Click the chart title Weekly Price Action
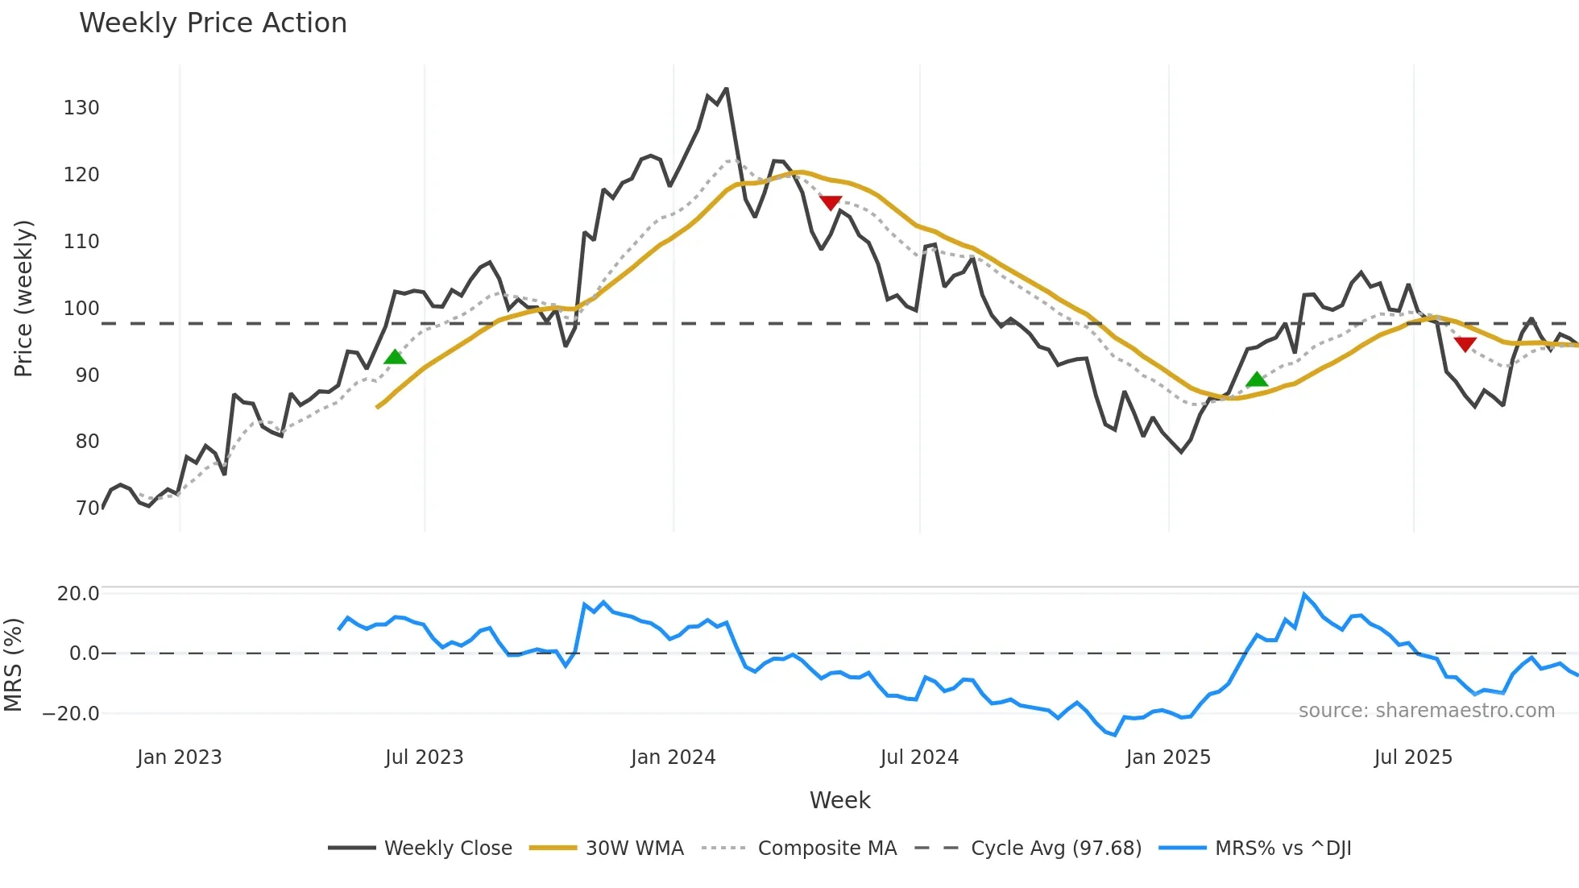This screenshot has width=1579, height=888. pyautogui.click(x=213, y=23)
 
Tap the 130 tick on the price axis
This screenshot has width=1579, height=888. pyautogui.click(x=81, y=108)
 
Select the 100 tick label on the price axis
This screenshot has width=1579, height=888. pyautogui.click(x=81, y=309)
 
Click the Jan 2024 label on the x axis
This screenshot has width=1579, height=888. pyautogui.click(x=673, y=757)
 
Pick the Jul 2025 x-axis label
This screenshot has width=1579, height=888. pyautogui.click(x=1413, y=757)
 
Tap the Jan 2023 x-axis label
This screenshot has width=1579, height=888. pyautogui.click(x=179, y=757)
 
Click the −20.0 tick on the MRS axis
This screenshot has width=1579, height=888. pyautogui.click(x=71, y=714)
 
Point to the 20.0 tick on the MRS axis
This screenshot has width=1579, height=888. pyautogui.click(x=78, y=594)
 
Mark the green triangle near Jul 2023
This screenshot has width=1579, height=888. pyautogui.click(x=395, y=357)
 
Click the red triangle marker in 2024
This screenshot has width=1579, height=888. pyautogui.click(x=831, y=202)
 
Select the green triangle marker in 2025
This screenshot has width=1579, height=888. pyautogui.click(x=1257, y=380)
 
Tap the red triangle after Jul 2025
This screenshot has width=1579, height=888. pyautogui.click(x=1465, y=344)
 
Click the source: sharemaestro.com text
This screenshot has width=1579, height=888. pyautogui.click(x=1426, y=711)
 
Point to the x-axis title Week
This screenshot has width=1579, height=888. pyautogui.click(x=839, y=800)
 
